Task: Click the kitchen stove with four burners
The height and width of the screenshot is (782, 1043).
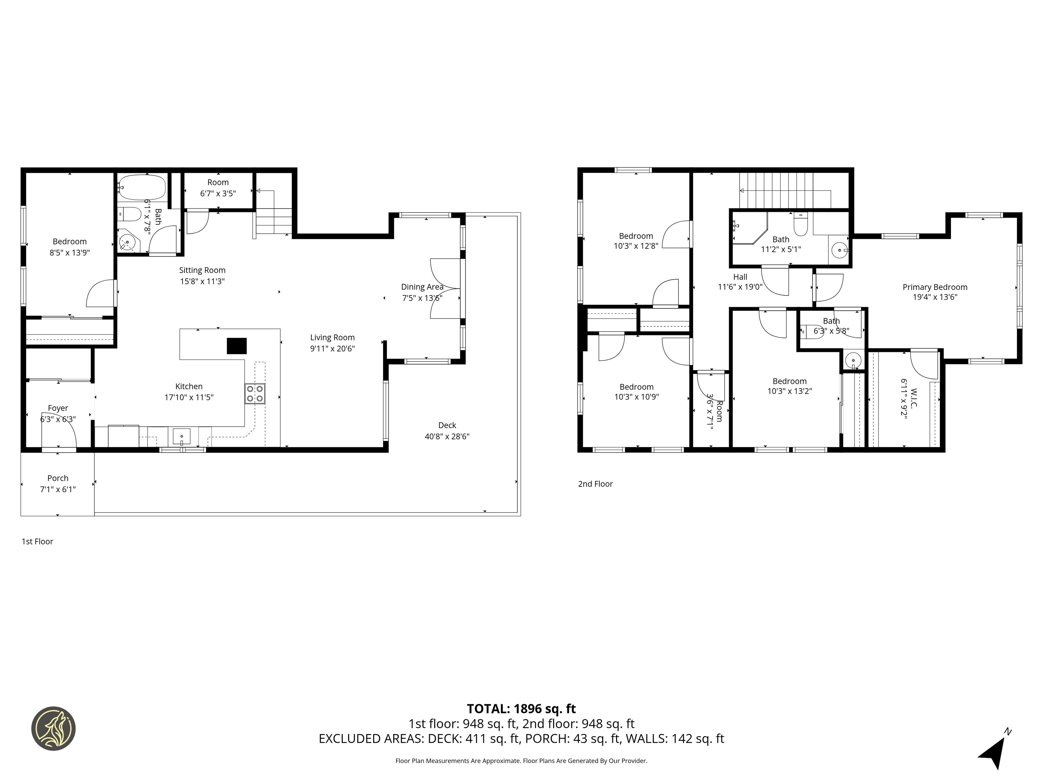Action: pos(255,394)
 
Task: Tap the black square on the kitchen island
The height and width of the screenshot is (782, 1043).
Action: pos(237,346)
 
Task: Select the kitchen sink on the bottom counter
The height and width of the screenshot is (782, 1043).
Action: pos(182,436)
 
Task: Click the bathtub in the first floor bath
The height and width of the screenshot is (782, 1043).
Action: pos(142,187)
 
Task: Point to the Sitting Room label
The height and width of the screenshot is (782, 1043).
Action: pos(202,270)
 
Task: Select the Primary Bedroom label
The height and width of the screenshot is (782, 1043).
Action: pos(935,287)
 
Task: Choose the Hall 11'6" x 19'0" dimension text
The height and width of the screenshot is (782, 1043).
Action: pos(740,286)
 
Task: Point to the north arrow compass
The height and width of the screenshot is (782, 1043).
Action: pos(995,751)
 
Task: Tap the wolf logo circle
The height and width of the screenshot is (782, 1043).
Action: pos(53,728)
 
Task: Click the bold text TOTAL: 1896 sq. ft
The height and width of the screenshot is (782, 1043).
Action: pos(521,708)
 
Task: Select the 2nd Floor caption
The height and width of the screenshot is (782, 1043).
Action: pos(595,484)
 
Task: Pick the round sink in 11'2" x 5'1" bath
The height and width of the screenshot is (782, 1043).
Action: pos(839,250)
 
